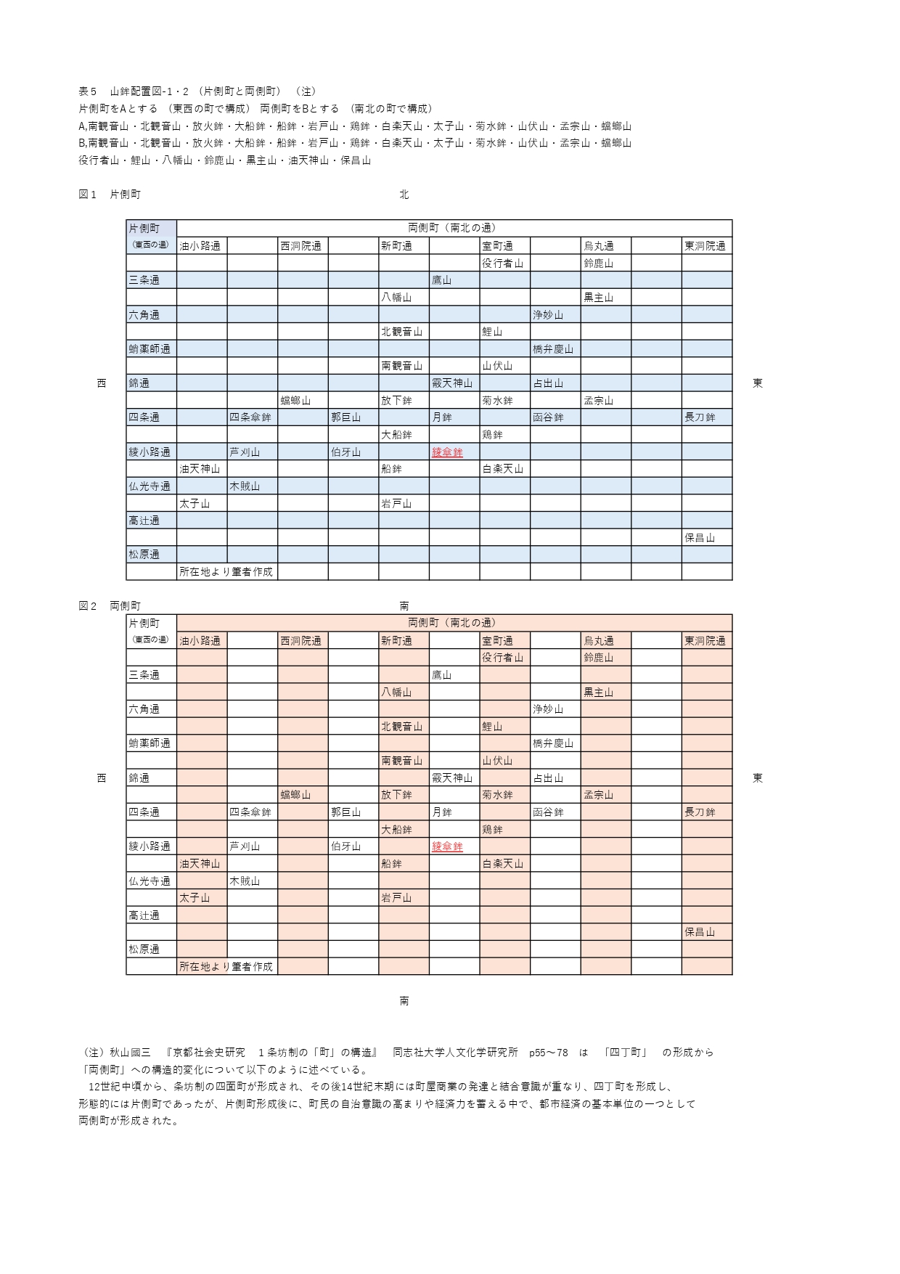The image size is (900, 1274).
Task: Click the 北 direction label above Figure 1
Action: click(404, 195)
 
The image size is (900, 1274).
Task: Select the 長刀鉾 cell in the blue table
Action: click(700, 417)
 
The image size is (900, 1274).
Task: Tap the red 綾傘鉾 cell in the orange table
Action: click(447, 846)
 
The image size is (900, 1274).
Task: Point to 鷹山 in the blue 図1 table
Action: click(442, 280)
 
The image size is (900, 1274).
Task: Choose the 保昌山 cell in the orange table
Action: click(700, 932)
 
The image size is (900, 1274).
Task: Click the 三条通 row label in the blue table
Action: click(144, 280)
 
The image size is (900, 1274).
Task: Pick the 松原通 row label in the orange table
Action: click(144, 950)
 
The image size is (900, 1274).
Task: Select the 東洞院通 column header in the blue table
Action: click(705, 246)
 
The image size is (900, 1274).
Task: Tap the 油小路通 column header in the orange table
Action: click(200, 641)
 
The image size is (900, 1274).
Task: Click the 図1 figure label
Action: click(87, 195)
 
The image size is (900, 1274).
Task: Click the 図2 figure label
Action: click(87, 606)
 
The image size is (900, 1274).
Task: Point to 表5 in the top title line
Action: click(87, 91)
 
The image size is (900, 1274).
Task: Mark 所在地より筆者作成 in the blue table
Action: click(226, 572)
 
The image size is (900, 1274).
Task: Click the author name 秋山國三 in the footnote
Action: click(130, 1053)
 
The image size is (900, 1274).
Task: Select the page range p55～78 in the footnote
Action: click(549, 1053)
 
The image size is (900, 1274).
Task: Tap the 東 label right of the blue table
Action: click(758, 383)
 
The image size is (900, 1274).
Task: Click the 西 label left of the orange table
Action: click(102, 778)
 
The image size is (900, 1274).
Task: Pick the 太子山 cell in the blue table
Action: click(195, 504)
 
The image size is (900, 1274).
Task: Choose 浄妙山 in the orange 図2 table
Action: click(548, 709)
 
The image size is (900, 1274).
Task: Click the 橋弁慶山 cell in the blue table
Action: click(553, 349)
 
